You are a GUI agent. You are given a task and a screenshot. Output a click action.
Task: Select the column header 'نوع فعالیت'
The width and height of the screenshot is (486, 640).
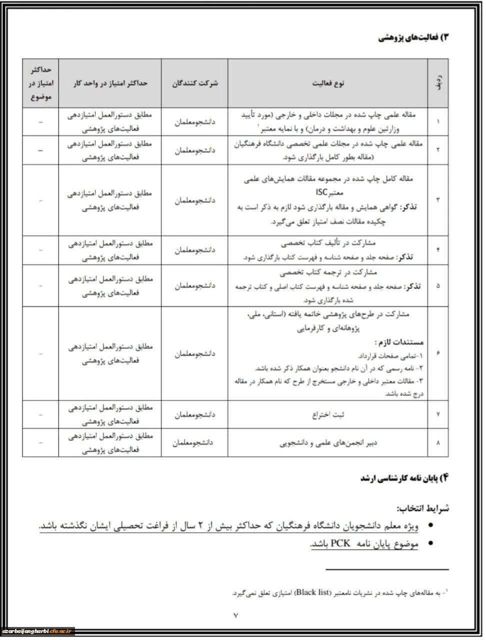tap(327, 83)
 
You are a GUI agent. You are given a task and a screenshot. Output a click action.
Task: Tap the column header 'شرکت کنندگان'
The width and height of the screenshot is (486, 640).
tap(194, 83)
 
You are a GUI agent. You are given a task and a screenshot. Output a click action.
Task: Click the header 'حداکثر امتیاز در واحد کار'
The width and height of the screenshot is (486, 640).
tap(109, 83)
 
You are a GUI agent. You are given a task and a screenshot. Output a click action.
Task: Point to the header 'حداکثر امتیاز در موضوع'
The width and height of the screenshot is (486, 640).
tap(40, 82)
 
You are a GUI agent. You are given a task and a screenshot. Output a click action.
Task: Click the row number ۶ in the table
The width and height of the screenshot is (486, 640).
tap(438, 354)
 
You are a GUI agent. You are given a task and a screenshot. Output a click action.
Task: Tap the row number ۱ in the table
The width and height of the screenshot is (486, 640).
tap(438, 121)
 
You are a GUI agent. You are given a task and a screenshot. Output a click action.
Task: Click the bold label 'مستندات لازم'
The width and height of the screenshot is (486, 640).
tap(399, 343)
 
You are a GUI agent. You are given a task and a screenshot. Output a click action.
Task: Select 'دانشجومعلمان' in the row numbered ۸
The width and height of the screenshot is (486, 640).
tap(194, 442)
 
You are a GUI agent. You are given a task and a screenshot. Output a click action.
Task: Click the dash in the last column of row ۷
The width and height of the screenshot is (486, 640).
tap(40, 414)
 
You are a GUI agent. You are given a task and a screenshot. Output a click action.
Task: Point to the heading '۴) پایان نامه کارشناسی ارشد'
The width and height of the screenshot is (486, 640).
tap(405, 478)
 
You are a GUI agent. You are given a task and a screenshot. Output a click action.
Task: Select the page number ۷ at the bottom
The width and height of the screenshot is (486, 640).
tap(236, 615)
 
